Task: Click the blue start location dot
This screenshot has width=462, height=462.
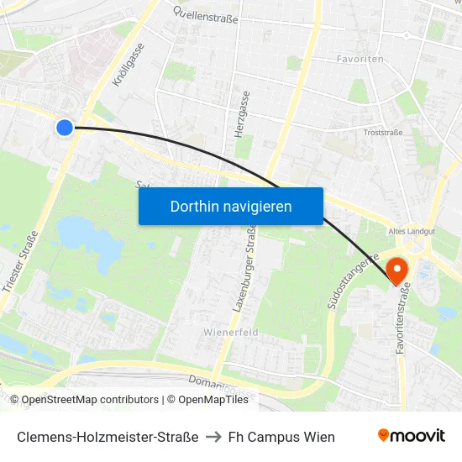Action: (x=65, y=128)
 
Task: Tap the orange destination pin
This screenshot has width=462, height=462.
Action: (x=396, y=269)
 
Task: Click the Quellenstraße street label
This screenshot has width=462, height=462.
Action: (x=206, y=14)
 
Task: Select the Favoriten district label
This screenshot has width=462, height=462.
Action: (x=360, y=60)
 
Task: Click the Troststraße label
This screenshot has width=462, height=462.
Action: (x=382, y=132)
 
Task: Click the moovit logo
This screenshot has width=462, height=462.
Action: (x=412, y=435)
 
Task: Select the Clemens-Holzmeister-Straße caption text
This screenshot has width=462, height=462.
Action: (x=108, y=437)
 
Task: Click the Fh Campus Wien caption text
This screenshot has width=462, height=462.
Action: (x=281, y=437)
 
